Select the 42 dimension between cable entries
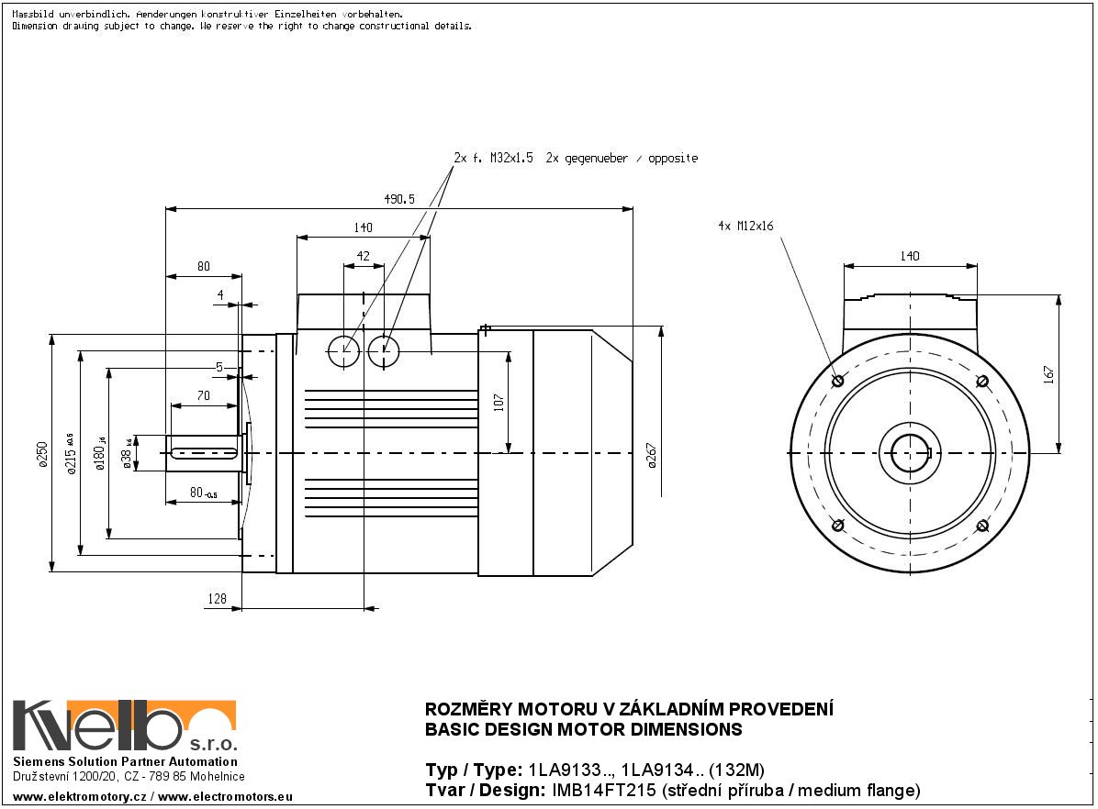point(364,257)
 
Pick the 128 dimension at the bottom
point(217,598)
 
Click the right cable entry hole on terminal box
point(384,349)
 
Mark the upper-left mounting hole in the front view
point(836,381)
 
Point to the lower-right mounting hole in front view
point(981,526)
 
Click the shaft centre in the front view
point(909,453)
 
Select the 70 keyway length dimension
point(203,396)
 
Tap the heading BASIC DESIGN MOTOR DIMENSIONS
point(583,730)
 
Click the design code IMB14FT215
point(602,790)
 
